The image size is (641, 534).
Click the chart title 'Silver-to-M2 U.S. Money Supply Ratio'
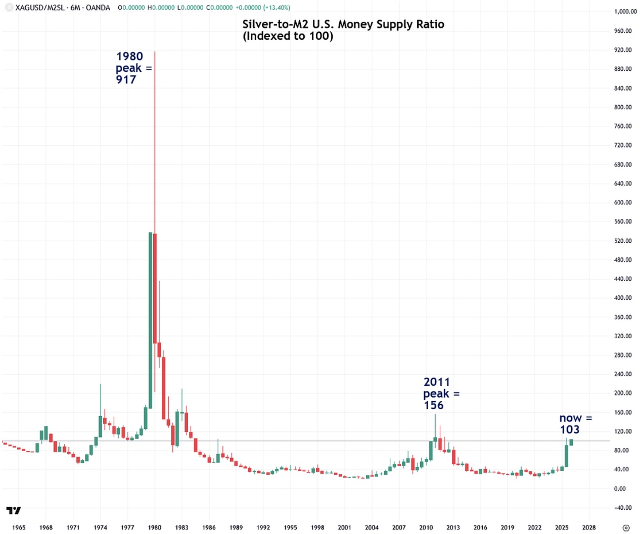tap(343, 24)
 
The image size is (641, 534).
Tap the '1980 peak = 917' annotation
tap(132, 68)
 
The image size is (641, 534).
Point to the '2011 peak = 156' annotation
tap(441, 393)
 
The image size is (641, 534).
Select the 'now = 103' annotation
tap(575, 424)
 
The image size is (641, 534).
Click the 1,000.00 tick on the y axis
tap(625, 12)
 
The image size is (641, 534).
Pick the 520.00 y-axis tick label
tap(622, 241)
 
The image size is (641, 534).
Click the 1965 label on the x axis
tap(19, 527)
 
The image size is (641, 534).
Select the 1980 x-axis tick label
tap(155, 527)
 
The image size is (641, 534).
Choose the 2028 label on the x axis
tap(589, 527)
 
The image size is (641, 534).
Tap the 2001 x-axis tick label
tap(345, 527)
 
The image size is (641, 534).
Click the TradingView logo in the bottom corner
tap(14, 510)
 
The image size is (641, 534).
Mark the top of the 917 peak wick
tap(155, 52)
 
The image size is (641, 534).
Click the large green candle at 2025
tap(567, 456)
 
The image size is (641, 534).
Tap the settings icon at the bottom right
tap(626, 527)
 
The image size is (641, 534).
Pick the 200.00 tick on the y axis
tap(622, 393)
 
